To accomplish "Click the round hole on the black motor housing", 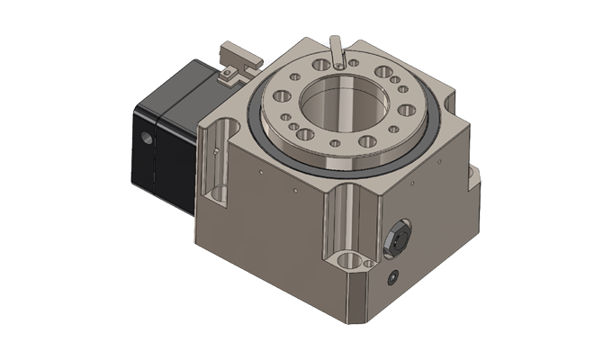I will click(x=148, y=140).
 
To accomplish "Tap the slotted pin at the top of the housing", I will click(x=337, y=50).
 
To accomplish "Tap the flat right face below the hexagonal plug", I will click(x=423, y=270).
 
